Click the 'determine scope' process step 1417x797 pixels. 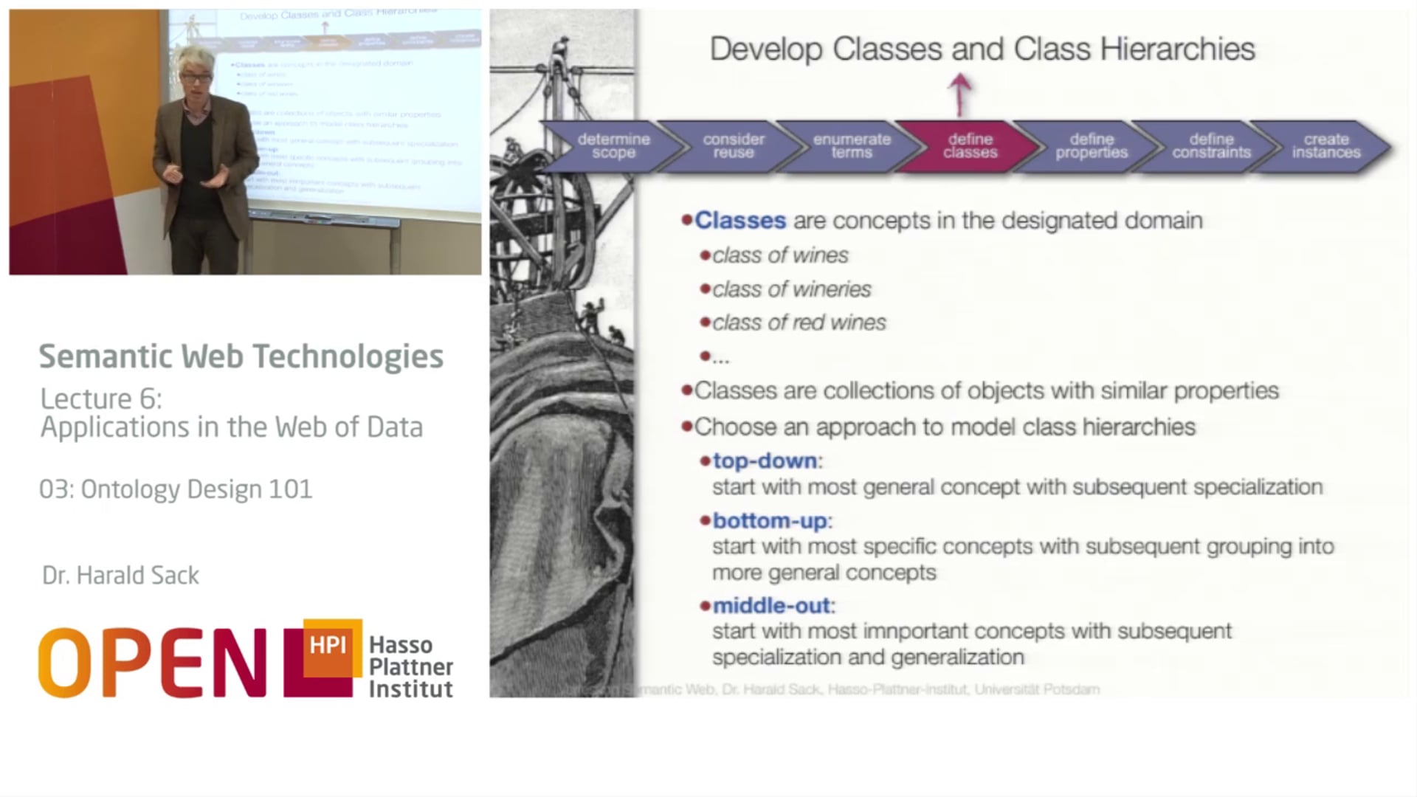point(613,146)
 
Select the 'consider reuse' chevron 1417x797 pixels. point(733,146)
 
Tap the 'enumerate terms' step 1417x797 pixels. point(852,146)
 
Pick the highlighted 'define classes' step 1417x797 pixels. point(970,146)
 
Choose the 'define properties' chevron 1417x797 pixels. point(1091,146)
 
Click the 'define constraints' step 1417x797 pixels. point(1210,146)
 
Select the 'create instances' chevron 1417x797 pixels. point(1325,146)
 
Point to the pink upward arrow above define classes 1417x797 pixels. point(959,94)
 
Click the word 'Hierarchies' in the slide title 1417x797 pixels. point(1177,49)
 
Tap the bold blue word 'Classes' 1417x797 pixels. point(740,221)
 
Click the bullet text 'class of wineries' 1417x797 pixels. point(791,289)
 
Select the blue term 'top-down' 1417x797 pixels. point(765,460)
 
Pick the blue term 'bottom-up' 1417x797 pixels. point(769,520)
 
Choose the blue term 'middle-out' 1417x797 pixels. point(771,606)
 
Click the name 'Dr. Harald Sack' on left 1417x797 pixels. point(120,576)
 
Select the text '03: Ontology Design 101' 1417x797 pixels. point(176,489)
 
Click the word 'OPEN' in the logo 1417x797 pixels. point(151,663)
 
